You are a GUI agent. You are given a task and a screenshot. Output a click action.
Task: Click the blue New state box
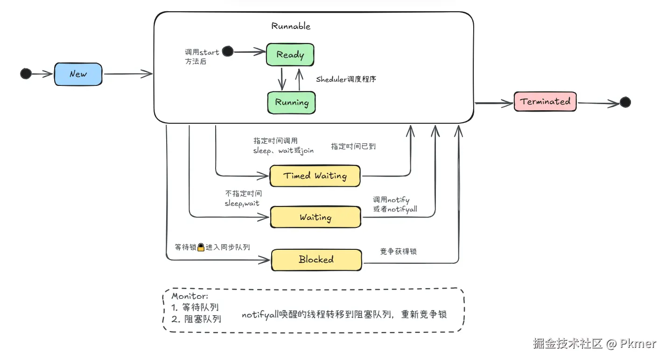tap(78, 74)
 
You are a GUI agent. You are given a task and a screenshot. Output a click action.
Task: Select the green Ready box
tap(290, 55)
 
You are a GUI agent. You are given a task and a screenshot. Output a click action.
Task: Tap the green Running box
tap(291, 102)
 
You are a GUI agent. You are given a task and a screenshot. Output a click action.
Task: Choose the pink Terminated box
tap(545, 101)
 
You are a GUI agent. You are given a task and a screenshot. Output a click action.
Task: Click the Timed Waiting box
tap(315, 176)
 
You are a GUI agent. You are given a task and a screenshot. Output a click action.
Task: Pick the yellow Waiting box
tap(315, 218)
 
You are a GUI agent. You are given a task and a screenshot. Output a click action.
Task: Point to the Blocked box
tap(316, 260)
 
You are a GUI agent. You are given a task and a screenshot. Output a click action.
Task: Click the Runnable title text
tap(291, 26)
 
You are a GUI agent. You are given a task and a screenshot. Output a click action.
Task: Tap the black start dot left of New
tap(26, 73)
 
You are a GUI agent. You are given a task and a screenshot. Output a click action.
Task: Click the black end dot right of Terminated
tap(625, 102)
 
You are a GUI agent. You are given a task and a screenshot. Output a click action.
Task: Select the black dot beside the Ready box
tap(227, 51)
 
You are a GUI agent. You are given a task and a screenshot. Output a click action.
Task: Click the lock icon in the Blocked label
tap(201, 247)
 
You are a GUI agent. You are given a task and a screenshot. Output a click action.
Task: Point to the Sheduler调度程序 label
tap(346, 79)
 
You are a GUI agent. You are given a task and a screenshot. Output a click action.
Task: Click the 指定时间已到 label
tap(353, 146)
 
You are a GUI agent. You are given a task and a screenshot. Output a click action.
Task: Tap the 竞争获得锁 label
tap(398, 251)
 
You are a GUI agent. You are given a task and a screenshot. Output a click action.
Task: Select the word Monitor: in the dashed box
tap(189, 296)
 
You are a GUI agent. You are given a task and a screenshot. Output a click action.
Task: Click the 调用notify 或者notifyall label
tap(395, 205)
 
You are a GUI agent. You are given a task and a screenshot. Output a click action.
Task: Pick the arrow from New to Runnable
tap(128, 73)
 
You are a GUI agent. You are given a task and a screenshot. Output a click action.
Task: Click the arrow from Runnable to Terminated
tap(493, 103)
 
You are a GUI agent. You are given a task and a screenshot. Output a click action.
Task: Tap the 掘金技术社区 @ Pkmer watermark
tap(594, 344)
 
